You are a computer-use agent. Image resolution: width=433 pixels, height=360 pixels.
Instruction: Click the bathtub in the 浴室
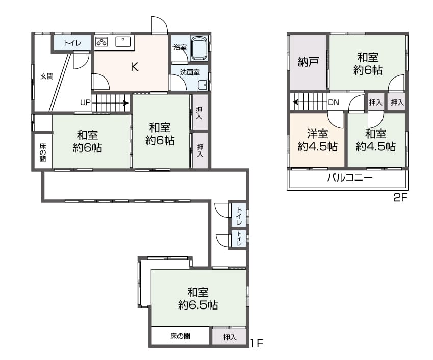(199, 48)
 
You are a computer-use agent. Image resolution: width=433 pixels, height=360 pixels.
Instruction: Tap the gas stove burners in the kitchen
(101, 42)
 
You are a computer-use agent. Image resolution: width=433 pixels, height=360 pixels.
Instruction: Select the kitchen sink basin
(123, 42)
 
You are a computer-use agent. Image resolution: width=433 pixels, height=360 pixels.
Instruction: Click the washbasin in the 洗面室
(202, 85)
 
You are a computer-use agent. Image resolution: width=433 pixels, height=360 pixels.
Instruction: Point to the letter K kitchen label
(135, 66)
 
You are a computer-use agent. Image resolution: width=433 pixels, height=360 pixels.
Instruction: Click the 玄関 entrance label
(47, 76)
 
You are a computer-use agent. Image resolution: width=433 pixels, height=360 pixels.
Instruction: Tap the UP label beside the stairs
(85, 102)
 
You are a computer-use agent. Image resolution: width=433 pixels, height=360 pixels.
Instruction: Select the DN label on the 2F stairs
(334, 102)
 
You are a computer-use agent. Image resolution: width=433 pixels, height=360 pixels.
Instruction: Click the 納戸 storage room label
(309, 62)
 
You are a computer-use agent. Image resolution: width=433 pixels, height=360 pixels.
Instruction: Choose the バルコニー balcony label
(349, 177)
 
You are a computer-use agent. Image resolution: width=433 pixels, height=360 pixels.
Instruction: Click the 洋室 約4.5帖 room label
(318, 140)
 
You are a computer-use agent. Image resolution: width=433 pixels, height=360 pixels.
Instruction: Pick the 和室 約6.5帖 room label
(198, 299)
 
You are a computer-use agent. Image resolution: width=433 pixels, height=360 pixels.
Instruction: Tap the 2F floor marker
(400, 197)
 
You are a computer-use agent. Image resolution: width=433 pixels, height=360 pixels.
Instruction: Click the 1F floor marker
(257, 343)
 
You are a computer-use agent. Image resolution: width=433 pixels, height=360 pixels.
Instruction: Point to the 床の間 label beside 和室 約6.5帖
(180, 336)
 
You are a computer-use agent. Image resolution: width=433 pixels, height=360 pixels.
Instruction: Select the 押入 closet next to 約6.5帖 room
(229, 337)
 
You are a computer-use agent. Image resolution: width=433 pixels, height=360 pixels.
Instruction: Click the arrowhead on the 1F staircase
(125, 104)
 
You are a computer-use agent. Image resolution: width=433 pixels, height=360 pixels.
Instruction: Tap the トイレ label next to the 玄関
(72, 43)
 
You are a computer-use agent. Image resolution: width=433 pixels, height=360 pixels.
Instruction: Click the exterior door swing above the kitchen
(159, 25)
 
